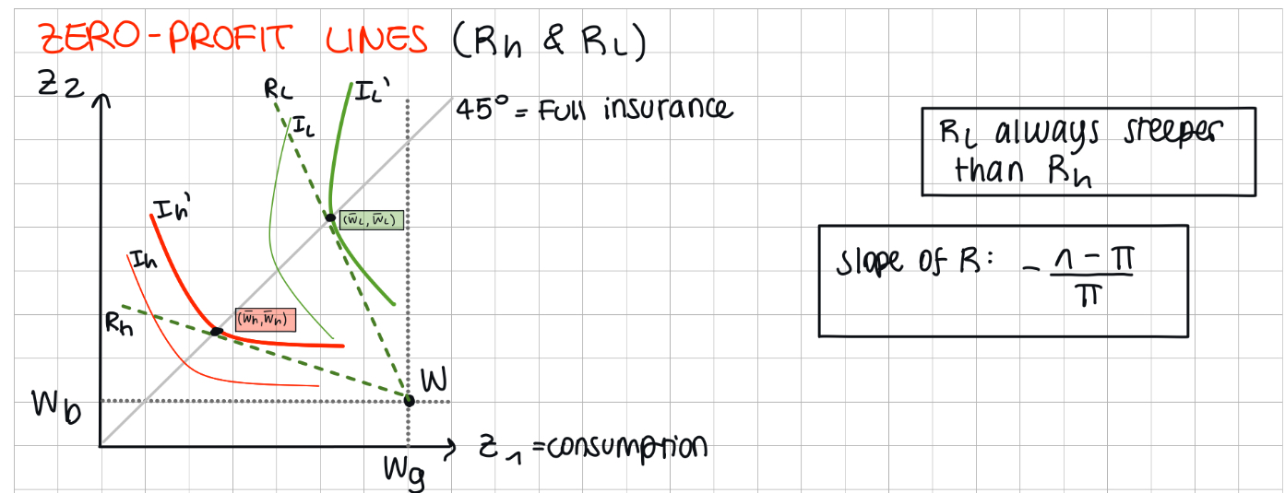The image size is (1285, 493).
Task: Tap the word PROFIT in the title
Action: point(230,38)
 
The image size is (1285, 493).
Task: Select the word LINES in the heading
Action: point(376,39)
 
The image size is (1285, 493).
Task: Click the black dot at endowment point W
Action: point(409,400)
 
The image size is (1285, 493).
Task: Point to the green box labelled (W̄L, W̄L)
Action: point(371,220)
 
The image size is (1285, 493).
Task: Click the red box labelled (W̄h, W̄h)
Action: point(266,320)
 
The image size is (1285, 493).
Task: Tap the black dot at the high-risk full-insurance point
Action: point(216,332)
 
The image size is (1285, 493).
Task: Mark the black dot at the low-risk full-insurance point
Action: point(330,217)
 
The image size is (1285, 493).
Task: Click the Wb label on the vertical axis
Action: point(56,405)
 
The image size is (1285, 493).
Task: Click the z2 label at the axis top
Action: point(61,84)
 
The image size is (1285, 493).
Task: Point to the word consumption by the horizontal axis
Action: point(627,448)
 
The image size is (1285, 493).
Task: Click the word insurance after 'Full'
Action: point(668,109)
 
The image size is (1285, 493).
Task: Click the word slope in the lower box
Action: point(870,264)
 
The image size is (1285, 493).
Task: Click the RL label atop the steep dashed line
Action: point(279,89)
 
